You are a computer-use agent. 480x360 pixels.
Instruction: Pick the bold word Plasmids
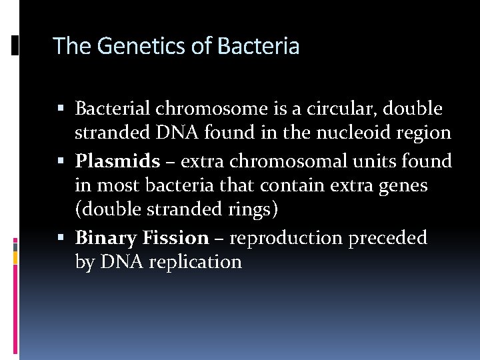[x=117, y=161]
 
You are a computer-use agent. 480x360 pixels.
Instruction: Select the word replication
[x=195, y=262]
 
